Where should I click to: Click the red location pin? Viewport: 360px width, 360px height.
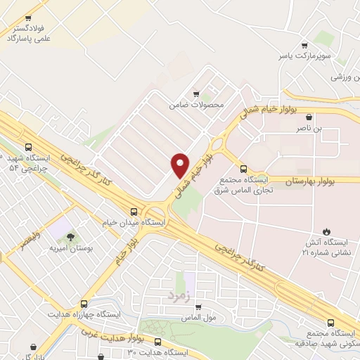coord(180,165)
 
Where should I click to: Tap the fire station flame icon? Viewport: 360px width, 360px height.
coord(326,231)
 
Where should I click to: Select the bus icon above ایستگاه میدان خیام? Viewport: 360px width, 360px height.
coord(134,211)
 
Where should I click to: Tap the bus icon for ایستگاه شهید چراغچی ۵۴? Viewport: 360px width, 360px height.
coord(28,148)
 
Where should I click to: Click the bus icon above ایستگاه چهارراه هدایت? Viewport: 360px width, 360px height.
coord(84,304)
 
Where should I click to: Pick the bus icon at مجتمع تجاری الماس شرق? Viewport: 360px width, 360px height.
coord(243,169)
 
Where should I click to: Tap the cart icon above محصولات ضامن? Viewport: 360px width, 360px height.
coord(196,94)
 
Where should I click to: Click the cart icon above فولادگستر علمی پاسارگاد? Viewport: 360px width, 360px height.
coord(28,18)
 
